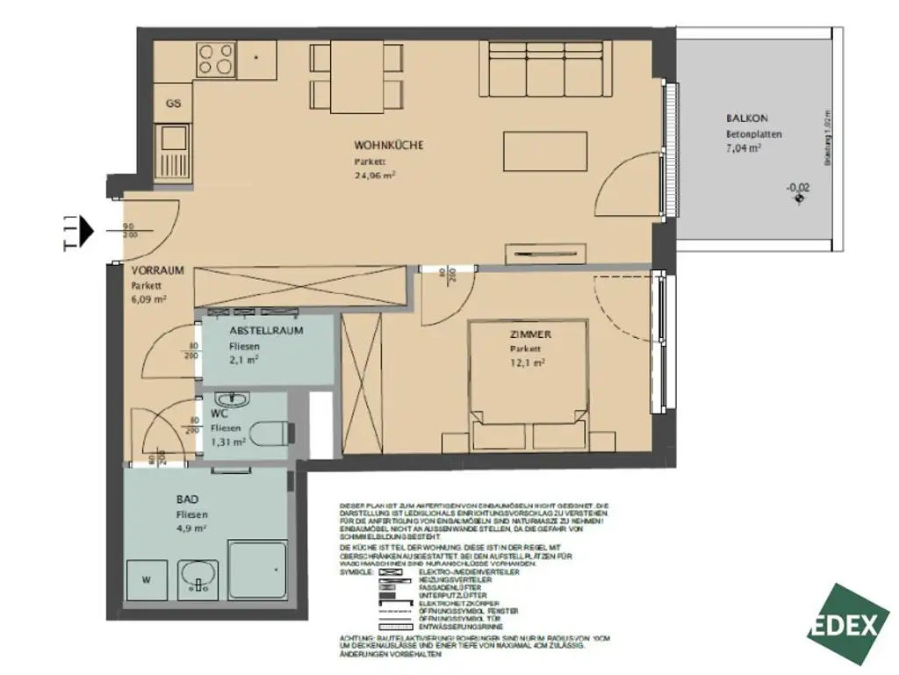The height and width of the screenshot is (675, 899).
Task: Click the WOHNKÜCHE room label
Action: pyautogui.click(x=389, y=145)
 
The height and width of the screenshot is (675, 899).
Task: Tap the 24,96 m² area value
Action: pyautogui.click(x=375, y=176)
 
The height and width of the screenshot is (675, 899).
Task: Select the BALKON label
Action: pyautogui.click(x=747, y=118)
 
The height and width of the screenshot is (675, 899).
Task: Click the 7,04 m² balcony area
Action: pyautogui.click(x=743, y=149)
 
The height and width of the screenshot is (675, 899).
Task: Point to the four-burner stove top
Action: pyautogui.click(x=215, y=59)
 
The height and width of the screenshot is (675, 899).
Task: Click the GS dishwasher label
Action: pyautogui.click(x=174, y=104)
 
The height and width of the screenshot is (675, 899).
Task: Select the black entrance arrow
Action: pyautogui.click(x=86, y=230)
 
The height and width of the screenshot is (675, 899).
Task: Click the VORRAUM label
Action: pyautogui.click(x=158, y=270)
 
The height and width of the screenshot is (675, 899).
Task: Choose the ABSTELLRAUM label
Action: pyautogui.click(x=266, y=331)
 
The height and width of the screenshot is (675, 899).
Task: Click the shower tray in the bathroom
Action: pyautogui.click(x=258, y=573)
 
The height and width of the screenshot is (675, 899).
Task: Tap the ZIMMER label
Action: pyautogui.click(x=529, y=334)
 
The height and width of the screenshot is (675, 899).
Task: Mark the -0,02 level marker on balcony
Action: pyautogui.click(x=798, y=187)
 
